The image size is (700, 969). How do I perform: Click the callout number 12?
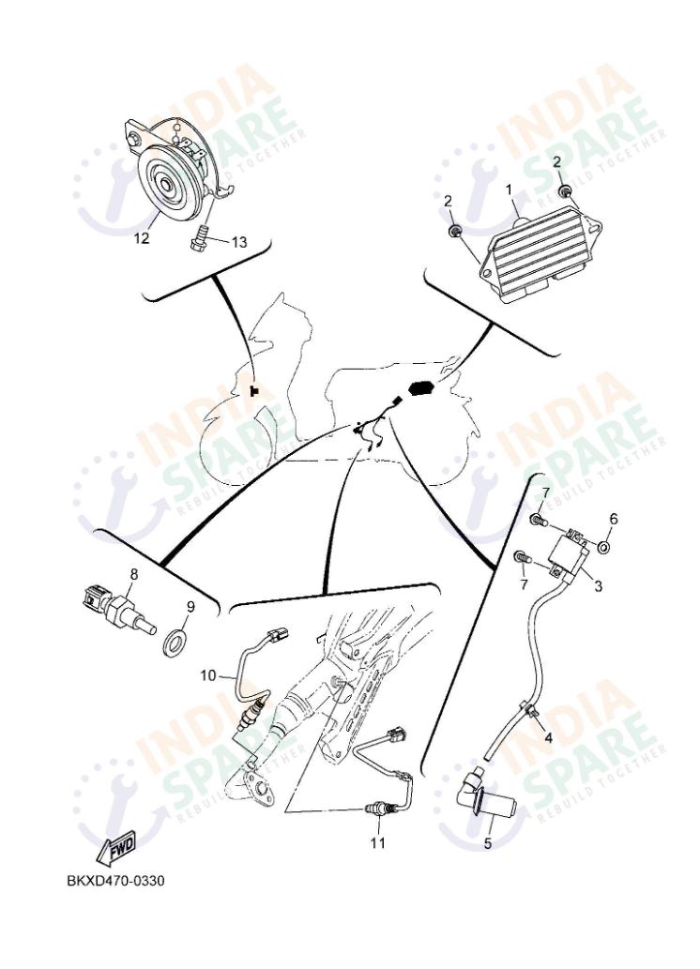point(141,238)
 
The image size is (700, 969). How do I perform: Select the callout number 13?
point(239,242)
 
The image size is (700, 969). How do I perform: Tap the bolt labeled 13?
point(199,238)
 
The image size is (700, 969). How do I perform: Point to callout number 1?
point(510,189)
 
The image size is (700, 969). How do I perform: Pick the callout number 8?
point(134,574)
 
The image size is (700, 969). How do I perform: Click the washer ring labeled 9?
point(175,644)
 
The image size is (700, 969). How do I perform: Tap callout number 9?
point(190,608)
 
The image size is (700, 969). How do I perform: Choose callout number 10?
point(208,674)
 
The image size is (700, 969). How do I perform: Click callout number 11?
point(376,842)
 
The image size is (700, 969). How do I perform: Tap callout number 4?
point(547,737)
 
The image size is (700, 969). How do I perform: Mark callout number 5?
point(487,843)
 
